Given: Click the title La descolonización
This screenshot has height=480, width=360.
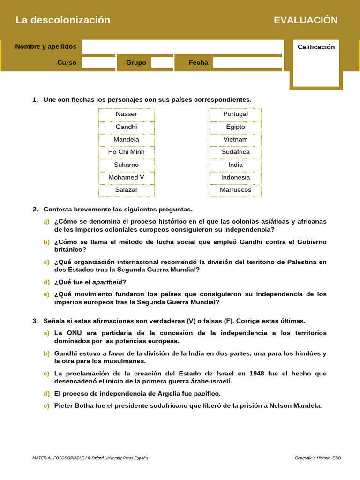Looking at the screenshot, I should pos(63,20).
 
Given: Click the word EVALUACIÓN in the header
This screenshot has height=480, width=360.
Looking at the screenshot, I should pos(306,20).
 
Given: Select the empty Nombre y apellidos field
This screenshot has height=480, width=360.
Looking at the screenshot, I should pos(182,46).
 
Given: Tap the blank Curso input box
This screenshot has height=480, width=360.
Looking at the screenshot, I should pos(98,62).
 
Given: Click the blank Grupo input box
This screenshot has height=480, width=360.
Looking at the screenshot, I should pos(162,62).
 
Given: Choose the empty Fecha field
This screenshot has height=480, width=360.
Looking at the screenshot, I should pos(247,62).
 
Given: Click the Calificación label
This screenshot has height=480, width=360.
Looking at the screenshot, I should pos(316,47).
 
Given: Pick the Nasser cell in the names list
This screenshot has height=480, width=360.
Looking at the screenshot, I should pos(126,114).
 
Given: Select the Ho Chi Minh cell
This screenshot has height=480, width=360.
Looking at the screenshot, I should pos(126,152).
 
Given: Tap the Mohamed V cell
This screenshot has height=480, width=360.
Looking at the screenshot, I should pos(126,177).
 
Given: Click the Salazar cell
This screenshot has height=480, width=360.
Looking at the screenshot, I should pos(126,190).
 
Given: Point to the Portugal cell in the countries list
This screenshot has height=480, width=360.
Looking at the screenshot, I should pos(235,114).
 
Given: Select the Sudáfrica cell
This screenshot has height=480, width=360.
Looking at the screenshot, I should pos(235,152).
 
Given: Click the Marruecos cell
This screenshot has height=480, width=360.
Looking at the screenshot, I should pos(235,190).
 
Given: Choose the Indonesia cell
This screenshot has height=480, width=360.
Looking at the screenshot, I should pos(235,177).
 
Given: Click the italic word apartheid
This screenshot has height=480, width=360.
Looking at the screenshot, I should pos(107,282).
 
